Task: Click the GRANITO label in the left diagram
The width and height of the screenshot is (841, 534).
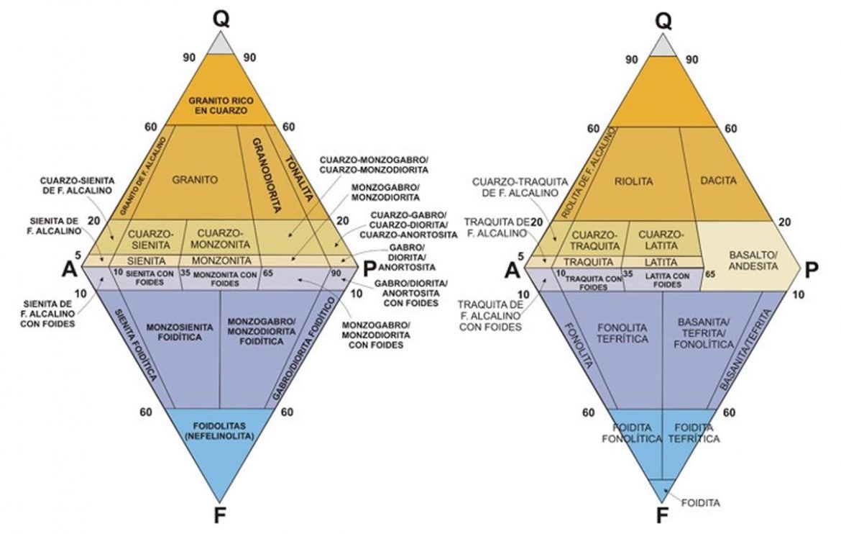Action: (x=196, y=180)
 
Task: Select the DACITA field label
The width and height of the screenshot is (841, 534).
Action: (x=719, y=181)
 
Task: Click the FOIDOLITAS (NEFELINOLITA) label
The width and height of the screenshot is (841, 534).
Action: (x=219, y=431)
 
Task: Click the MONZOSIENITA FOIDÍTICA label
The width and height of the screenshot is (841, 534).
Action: (x=180, y=332)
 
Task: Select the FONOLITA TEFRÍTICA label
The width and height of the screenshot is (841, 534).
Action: (x=622, y=333)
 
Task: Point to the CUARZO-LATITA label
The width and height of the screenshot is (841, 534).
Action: (x=661, y=240)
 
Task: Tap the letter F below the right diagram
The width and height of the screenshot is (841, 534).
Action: (x=663, y=516)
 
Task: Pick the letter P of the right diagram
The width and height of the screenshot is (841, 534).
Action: (x=812, y=269)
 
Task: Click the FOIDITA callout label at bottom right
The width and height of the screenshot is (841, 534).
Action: (x=701, y=503)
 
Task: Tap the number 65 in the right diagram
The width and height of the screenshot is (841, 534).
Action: (x=710, y=274)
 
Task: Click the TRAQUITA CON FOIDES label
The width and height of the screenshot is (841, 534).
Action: (x=594, y=283)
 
